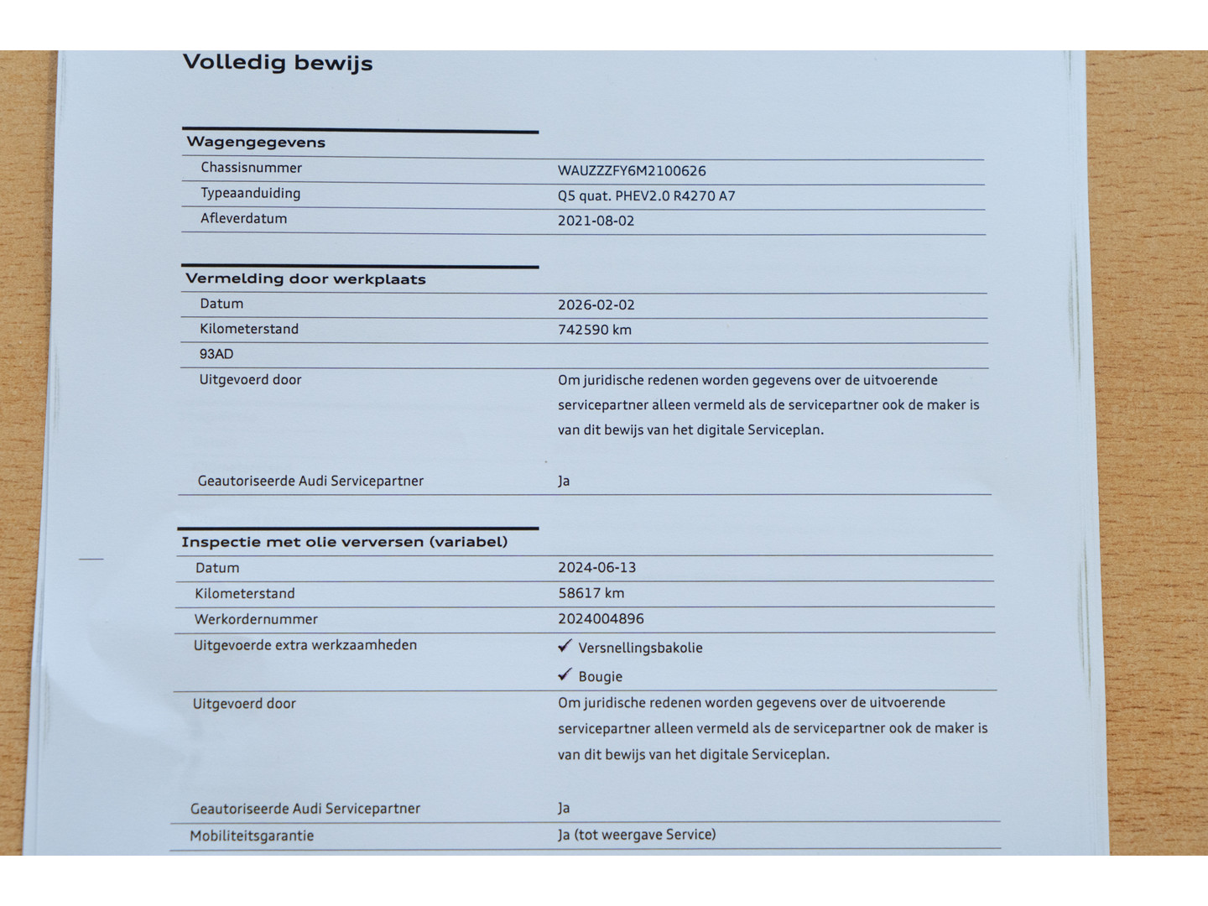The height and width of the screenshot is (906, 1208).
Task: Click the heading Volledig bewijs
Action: pyautogui.click(x=278, y=63)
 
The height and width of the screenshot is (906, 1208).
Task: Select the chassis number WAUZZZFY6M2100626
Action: pyautogui.click(x=632, y=171)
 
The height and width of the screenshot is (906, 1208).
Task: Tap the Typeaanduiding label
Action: pyautogui.click(x=250, y=193)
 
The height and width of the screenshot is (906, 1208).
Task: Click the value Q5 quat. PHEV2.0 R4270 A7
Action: pyautogui.click(x=646, y=196)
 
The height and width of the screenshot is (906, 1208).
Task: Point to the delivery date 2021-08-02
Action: pyautogui.click(x=596, y=221)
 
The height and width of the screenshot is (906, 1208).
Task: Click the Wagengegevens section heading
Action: pyautogui.click(x=256, y=143)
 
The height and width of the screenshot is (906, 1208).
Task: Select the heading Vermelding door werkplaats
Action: pyautogui.click(x=305, y=279)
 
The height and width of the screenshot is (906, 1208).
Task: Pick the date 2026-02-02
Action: pyautogui.click(x=596, y=305)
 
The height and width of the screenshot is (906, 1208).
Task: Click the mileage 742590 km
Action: pyautogui.click(x=594, y=330)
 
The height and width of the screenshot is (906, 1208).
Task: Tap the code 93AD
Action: pyautogui.click(x=216, y=354)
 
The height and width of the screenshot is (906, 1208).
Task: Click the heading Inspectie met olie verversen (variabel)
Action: pyautogui.click(x=344, y=542)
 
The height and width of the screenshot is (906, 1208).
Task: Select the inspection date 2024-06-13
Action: pyautogui.click(x=596, y=568)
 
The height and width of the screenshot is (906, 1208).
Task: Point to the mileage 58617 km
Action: pyautogui.click(x=591, y=593)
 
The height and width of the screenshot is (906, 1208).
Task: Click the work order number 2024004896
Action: pyautogui.click(x=601, y=619)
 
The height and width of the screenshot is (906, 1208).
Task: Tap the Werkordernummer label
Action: pyautogui.click(x=256, y=619)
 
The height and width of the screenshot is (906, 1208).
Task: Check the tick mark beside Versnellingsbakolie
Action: pyautogui.click(x=565, y=646)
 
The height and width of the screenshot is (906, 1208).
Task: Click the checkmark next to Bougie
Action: pyautogui.click(x=565, y=674)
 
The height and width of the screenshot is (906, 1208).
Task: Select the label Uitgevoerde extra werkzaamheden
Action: pyautogui.click(x=305, y=645)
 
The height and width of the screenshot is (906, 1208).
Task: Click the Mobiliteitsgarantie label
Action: pyautogui.click(x=252, y=836)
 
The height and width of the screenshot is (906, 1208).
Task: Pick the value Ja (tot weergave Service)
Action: pyautogui.click(x=637, y=835)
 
